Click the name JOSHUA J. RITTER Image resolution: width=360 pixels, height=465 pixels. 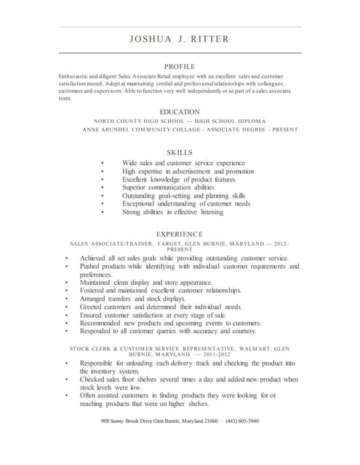[x=179, y=39]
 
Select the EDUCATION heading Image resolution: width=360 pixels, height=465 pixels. [x=179, y=111]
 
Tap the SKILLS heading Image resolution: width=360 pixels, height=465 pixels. [x=179, y=153]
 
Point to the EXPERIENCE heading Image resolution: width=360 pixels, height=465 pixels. [x=179, y=233]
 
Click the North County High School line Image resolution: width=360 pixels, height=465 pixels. [x=179, y=120]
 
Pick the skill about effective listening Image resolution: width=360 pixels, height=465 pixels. [x=173, y=213]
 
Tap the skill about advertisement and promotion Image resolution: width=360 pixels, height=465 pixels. [x=188, y=171]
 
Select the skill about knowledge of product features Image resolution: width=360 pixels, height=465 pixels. [x=179, y=179]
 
